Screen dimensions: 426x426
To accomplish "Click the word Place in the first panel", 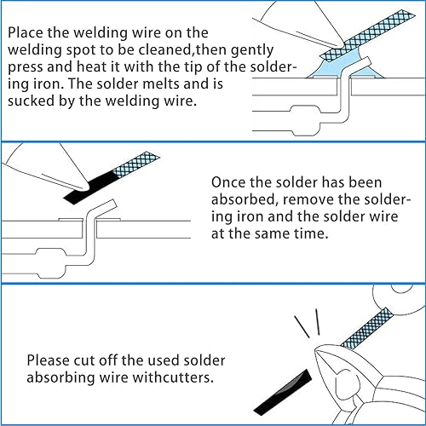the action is pos(26,32).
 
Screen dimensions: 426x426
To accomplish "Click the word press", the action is pos(26,68).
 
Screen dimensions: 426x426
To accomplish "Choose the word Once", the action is pos(228,182).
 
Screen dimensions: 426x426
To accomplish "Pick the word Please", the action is pos(49,360).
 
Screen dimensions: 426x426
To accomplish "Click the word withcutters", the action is pos(173,377).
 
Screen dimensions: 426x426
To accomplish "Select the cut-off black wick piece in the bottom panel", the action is pos(283,392).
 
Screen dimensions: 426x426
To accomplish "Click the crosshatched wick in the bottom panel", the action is pos(367,329).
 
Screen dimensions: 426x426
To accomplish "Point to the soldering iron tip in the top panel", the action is pos(339,45).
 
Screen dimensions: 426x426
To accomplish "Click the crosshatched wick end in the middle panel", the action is pos(136,164).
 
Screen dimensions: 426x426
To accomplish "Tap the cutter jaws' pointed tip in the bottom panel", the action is pos(315,349).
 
